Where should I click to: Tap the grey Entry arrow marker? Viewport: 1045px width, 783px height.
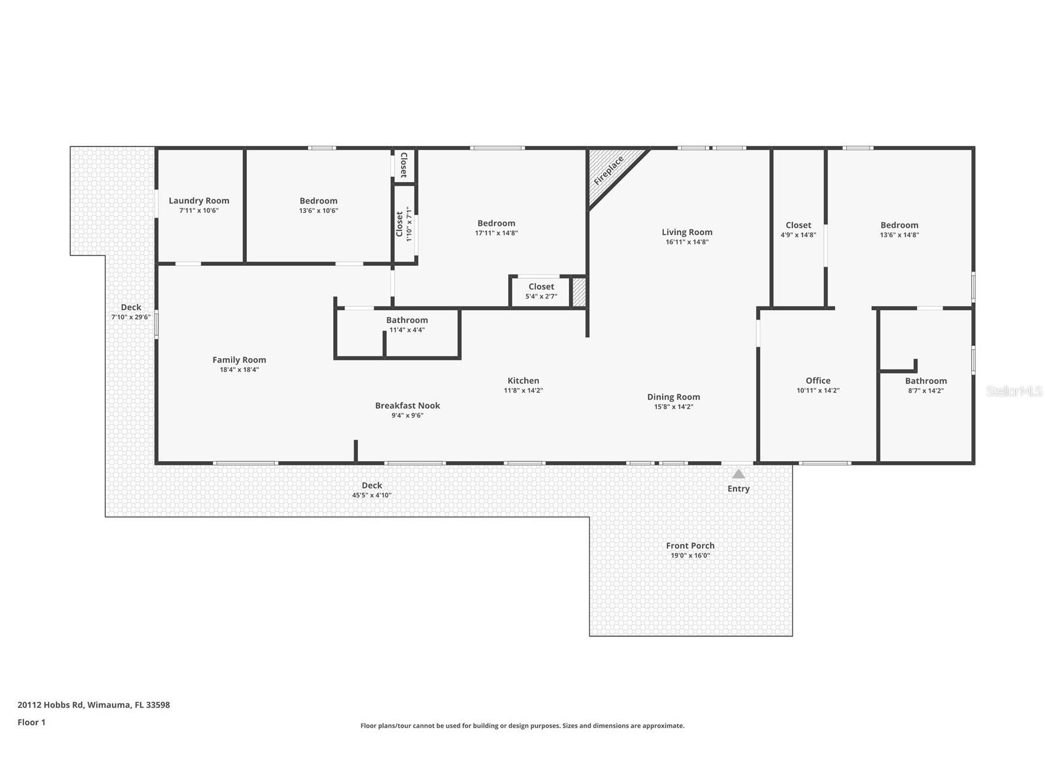738,474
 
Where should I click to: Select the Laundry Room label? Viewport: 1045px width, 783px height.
199,201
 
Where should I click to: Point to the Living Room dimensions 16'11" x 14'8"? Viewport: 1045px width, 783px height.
687,242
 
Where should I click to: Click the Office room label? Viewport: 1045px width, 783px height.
818,380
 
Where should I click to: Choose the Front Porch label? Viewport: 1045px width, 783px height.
690,545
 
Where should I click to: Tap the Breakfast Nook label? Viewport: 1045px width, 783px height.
407,406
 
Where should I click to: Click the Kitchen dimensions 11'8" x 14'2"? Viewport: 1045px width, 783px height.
523,390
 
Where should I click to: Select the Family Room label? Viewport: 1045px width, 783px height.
239,360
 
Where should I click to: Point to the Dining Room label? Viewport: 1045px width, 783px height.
673,397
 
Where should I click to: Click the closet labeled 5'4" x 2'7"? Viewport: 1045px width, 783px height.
541,291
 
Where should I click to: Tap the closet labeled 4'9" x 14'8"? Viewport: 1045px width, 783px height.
798,229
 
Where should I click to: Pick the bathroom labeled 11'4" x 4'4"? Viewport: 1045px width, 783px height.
406,324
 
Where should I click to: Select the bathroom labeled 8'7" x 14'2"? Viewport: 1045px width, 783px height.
926,385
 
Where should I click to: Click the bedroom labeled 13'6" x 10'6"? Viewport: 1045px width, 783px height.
318,205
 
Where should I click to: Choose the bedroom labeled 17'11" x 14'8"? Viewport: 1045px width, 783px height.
496,228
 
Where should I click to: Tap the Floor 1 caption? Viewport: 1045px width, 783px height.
31,722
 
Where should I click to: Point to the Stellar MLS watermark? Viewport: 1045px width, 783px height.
1014,391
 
